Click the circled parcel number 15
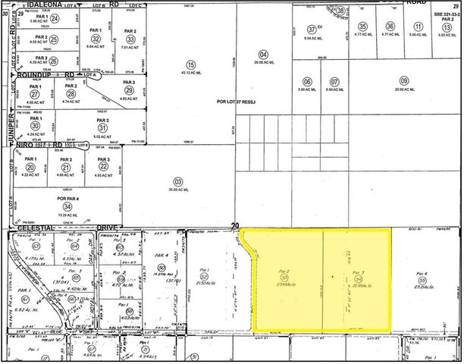tap(191, 64)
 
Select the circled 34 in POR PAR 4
tap(68, 206)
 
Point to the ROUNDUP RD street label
tap(51, 74)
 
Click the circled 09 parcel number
tap(404, 81)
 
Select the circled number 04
tap(263, 54)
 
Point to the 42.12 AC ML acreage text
tap(191, 74)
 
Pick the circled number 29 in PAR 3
tap(130, 90)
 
